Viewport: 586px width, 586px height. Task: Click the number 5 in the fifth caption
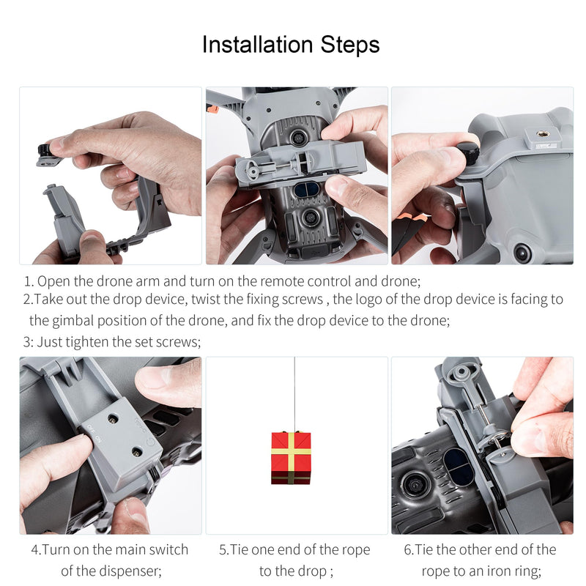(223, 549)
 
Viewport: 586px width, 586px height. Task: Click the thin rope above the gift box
(294, 396)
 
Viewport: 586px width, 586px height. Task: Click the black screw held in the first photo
(45, 152)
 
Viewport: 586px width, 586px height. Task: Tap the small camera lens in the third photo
(522, 253)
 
